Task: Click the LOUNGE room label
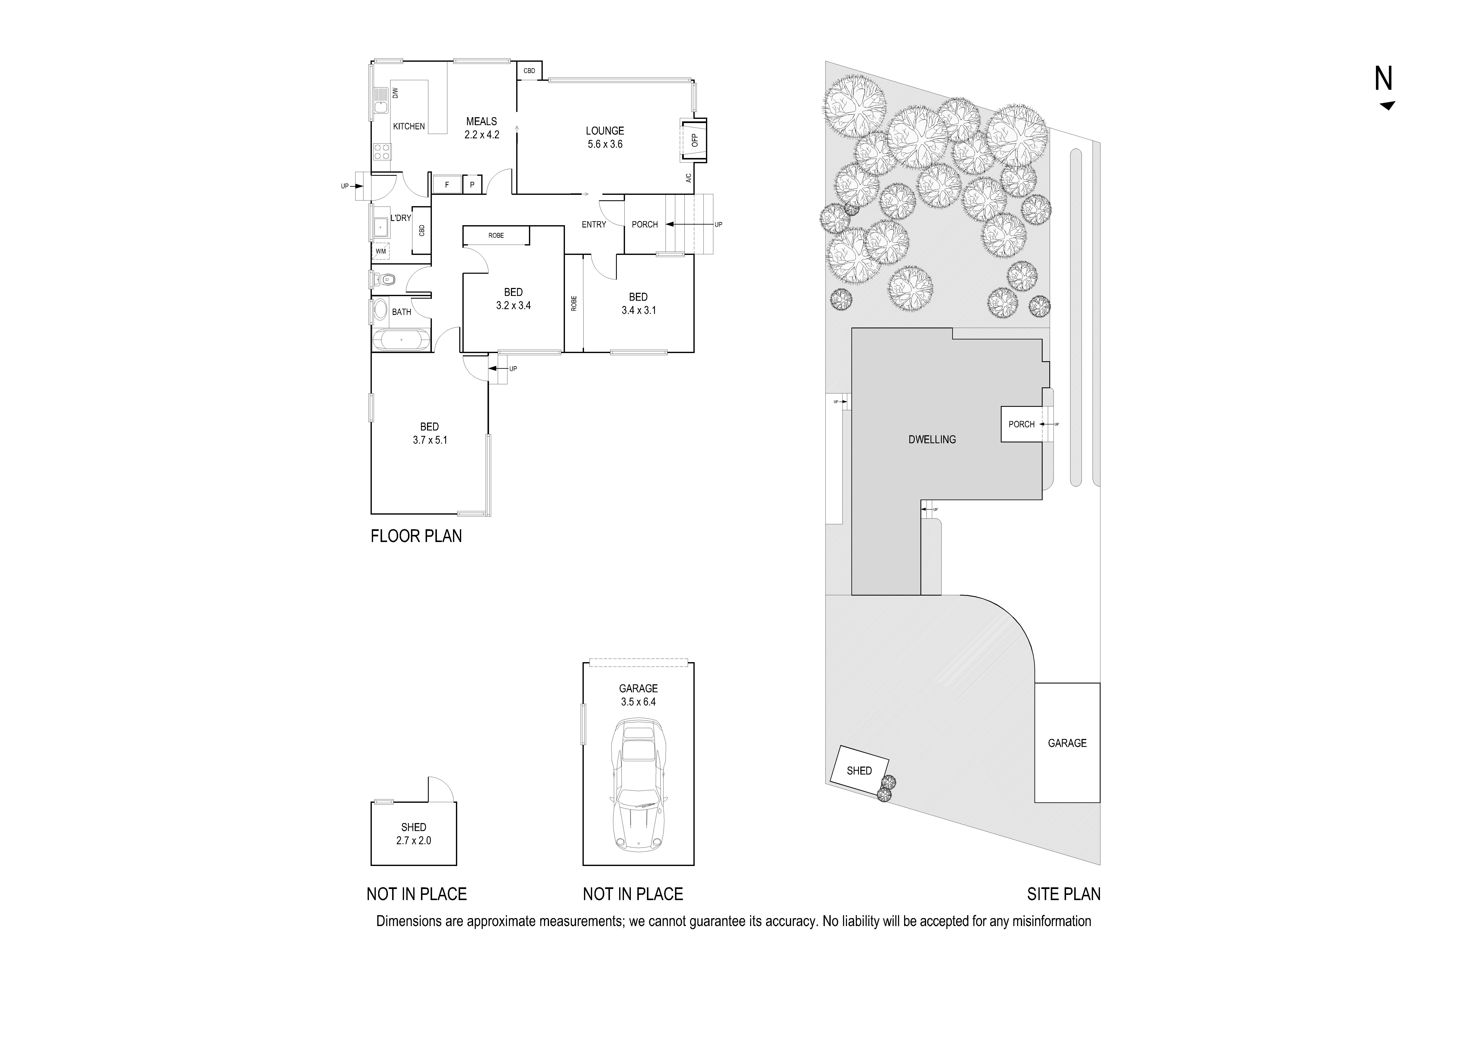(604, 130)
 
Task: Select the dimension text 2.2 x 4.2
(481, 135)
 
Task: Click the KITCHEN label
(409, 126)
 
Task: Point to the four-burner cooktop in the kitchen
(382, 152)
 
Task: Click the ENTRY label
(593, 225)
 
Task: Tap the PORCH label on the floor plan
(644, 225)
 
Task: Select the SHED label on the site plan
(859, 771)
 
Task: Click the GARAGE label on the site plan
(1066, 743)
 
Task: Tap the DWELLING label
(932, 439)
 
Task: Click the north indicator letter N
(1383, 79)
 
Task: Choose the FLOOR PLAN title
(416, 536)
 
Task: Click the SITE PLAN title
(1063, 893)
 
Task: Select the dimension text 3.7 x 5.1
(430, 440)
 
